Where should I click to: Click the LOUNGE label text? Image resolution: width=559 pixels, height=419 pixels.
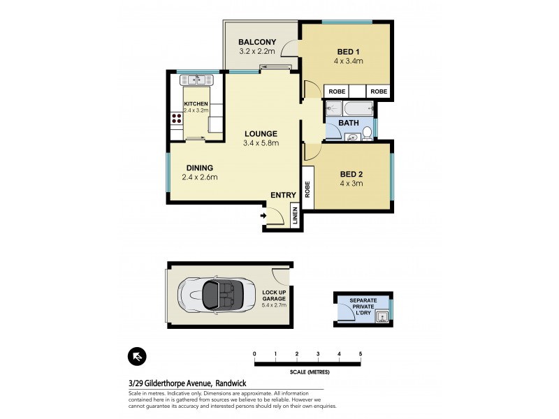[x=261, y=133]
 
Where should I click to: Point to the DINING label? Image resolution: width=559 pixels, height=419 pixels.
[x=199, y=168]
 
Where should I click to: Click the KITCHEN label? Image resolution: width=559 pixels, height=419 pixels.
[x=196, y=105]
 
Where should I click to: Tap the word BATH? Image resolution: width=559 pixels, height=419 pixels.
[x=349, y=123]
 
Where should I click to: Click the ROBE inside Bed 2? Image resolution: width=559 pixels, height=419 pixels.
[x=307, y=189]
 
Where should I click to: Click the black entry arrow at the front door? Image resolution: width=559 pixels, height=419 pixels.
[x=263, y=216]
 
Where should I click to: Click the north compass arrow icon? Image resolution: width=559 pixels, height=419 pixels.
[x=137, y=358]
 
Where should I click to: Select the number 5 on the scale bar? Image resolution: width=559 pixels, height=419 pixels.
[x=361, y=353]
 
